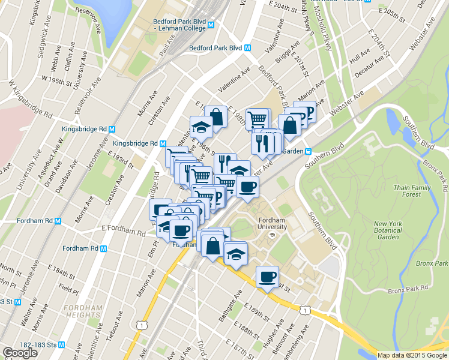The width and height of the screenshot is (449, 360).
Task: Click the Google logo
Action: (20, 353)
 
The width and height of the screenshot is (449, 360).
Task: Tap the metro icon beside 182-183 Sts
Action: (69, 345)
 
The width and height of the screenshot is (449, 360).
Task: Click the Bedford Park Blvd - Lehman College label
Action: (179, 23)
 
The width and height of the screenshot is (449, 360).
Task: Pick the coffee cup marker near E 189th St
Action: (267, 277)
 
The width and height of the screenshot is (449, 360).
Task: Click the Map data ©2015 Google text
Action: (412, 355)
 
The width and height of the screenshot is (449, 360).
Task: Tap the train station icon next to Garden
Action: (307, 151)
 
